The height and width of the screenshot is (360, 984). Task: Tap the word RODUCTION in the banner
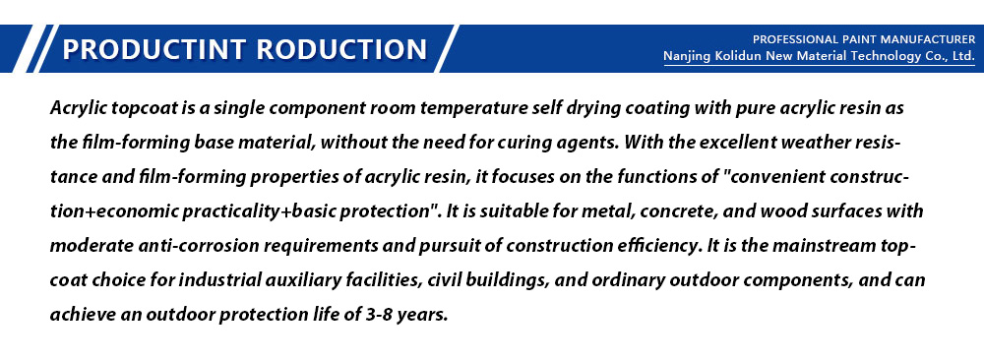tap(342, 49)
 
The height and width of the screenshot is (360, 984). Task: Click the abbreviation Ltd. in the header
tap(963, 56)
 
